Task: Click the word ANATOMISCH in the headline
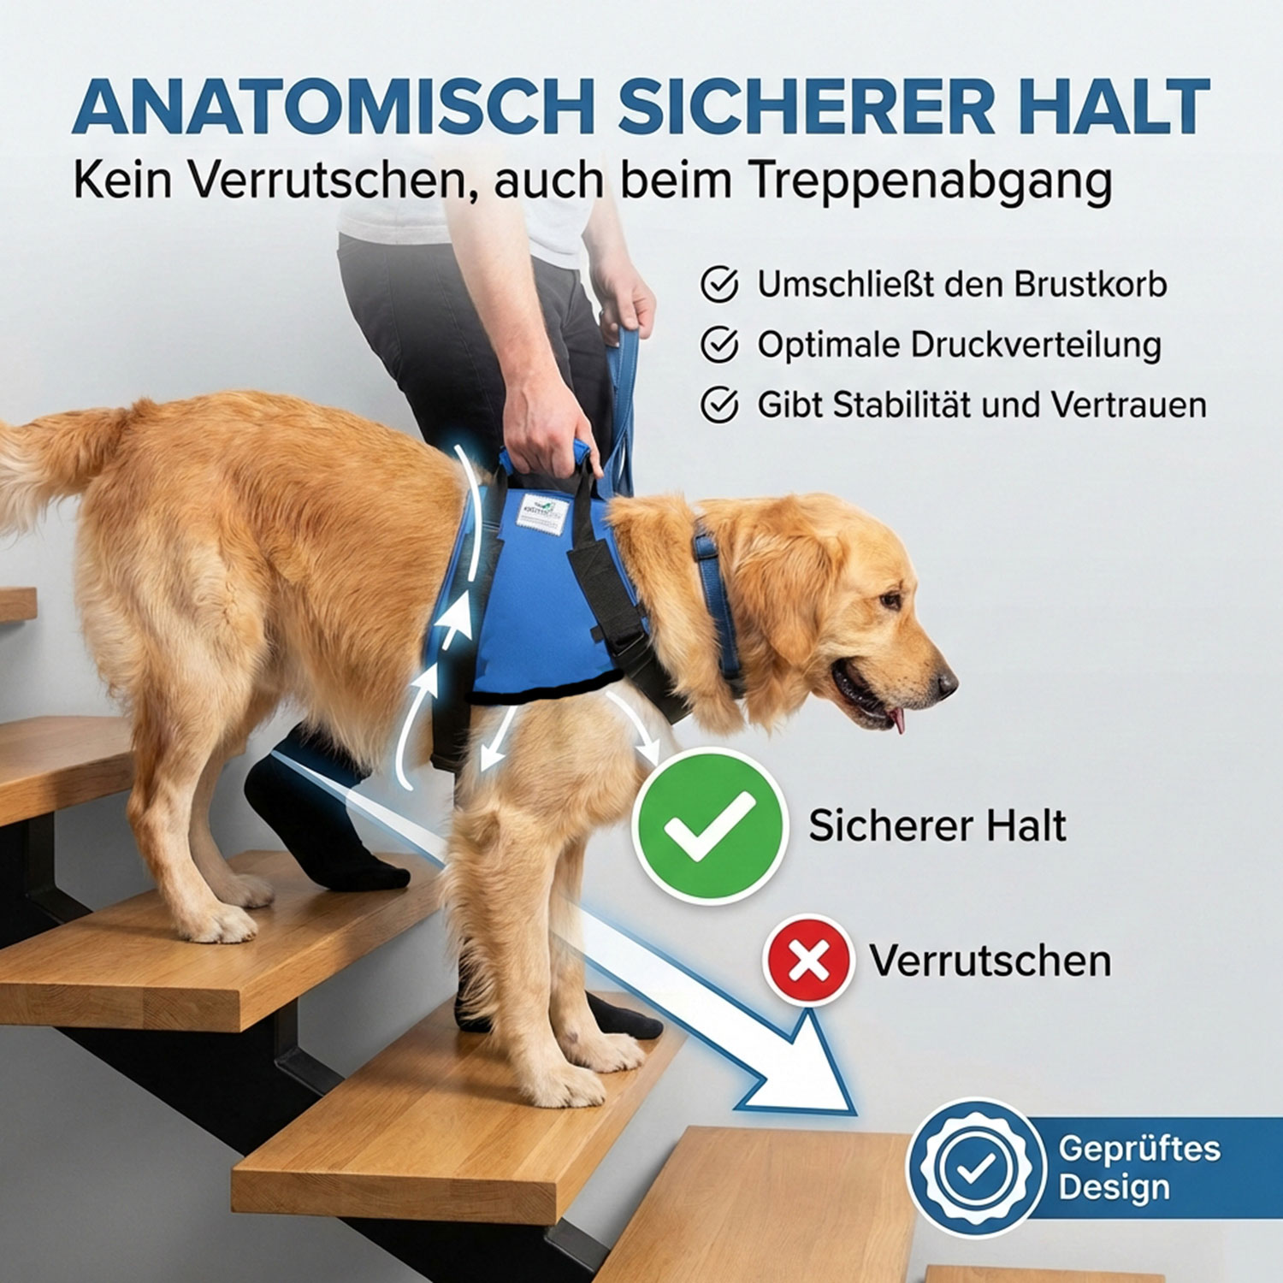pyautogui.click(x=334, y=108)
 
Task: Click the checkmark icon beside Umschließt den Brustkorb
pyautogui.click(x=719, y=285)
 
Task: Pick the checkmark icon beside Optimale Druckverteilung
pyautogui.click(x=719, y=345)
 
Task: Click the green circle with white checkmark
pyautogui.click(x=710, y=825)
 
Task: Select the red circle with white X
pyautogui.click(x=808, y=961)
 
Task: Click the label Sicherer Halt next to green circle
pyautogui.click(x=937, y=826)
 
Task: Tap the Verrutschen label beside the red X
pyautogui.click(x=990, y=961)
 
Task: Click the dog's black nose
pyautogui.click(x=947, y=683)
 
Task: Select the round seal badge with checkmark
pyautogui.click(x=976, y=1168)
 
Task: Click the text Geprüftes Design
pyautogui.click(x=1138, y=1168)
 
